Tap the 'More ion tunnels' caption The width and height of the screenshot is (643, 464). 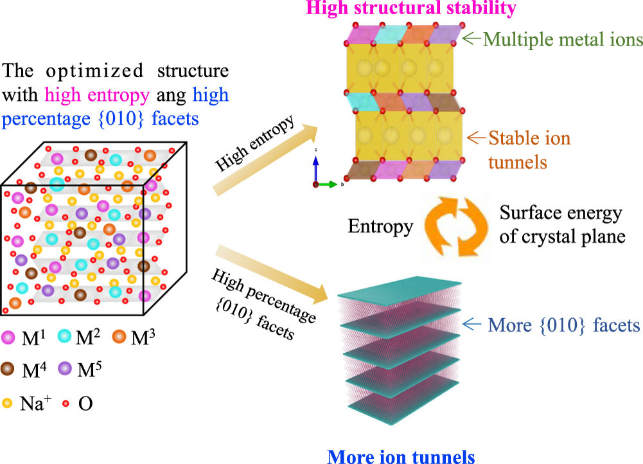(401, 456)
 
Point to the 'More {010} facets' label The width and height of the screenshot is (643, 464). (564, 325)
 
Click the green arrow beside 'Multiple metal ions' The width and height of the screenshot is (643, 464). (471, 39)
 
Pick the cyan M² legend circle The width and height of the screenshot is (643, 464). (66, 336)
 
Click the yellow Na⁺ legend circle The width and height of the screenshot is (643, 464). (7, 404)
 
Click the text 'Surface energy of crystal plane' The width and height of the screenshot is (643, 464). (562, 225)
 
